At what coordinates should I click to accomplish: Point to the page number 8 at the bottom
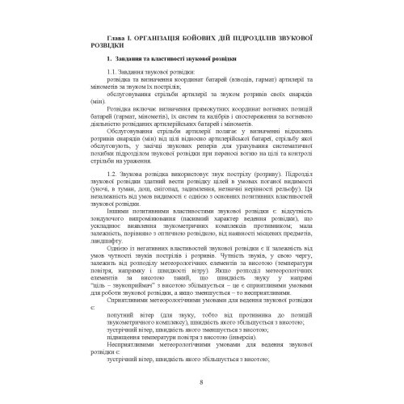202,382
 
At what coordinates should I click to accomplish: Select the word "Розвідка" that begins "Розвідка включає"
107,113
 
